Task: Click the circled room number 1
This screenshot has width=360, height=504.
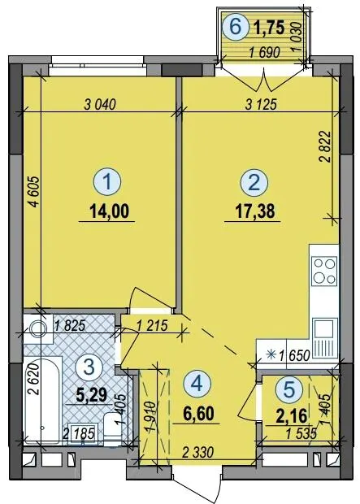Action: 107,183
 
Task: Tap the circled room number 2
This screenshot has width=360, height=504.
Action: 254,183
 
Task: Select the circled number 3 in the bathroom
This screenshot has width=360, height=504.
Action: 89,367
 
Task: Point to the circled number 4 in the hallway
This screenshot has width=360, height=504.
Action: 197,383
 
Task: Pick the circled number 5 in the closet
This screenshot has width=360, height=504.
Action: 289,389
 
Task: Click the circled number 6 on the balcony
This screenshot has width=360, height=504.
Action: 236,27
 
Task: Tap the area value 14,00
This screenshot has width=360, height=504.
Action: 110,211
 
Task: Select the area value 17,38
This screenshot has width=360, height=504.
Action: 255,211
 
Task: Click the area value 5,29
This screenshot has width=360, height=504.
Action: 91,394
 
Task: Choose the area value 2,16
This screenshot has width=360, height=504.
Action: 292,416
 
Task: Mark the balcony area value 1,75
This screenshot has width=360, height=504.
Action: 269,28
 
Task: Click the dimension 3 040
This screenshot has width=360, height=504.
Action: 99,105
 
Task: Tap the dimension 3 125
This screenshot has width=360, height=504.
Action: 261,105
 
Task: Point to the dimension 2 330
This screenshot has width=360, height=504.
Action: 197,453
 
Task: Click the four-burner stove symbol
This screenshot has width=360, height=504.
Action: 324,271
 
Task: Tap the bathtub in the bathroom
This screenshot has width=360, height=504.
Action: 42,402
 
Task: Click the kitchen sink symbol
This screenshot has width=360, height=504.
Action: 325,338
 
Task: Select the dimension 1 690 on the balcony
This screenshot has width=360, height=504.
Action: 265,53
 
